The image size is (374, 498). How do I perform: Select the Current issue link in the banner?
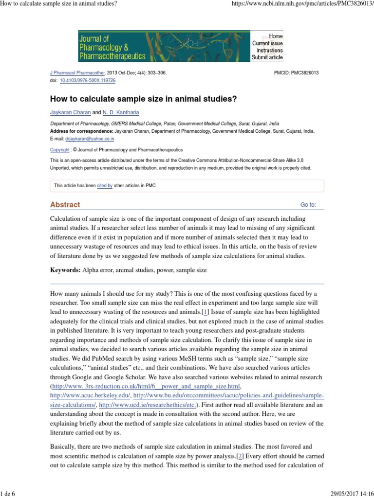(x=267, y=43)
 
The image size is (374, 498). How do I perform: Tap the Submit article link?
(x=267, y=57)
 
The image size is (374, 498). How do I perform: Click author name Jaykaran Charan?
(x=70, y=113)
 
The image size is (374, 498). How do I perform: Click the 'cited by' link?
(x=105, y=186)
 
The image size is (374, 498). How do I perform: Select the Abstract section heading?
(x=65, y=205)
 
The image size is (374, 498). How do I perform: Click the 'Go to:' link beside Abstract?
(x=308, y=205)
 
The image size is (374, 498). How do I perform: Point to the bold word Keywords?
(x=66, y=270)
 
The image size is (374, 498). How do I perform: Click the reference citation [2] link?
(x=240, y=456)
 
